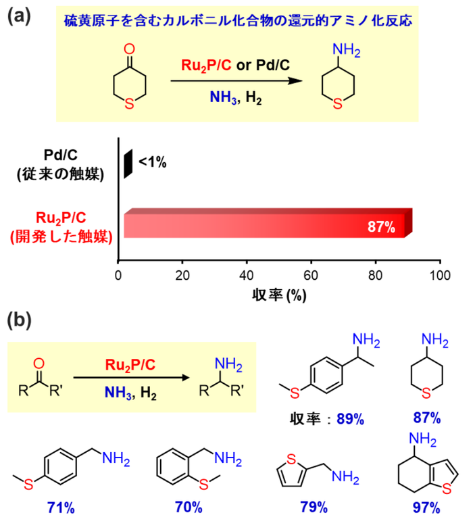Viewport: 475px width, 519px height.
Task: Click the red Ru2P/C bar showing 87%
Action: [x=264, y=224]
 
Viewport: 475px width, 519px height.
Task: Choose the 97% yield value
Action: [x=426, y=507]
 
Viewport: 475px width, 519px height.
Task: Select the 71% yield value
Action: [x=61, y=506]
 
